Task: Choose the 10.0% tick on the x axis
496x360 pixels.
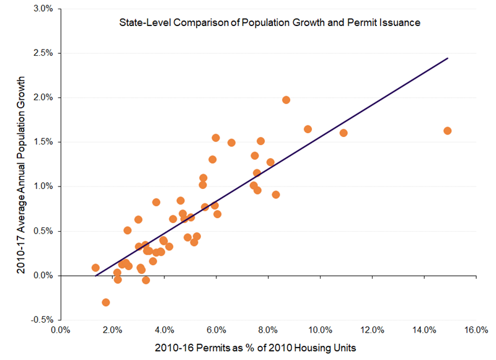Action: coord(320,330)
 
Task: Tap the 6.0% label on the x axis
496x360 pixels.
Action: coord(216,330)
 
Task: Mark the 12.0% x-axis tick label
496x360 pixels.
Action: coord(372,330)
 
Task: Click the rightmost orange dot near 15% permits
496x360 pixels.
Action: coord(448,131)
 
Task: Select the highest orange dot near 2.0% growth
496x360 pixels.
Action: coord(286,100)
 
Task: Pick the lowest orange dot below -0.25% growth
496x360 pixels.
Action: coord(106,302)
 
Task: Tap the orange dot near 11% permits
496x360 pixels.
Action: coord(343,133)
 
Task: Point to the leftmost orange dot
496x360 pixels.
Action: coord(95,268)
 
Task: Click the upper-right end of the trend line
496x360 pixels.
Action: coord(448,58)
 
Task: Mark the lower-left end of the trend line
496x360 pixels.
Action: coord(95,275)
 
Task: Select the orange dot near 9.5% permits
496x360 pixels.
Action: coord(308,129)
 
